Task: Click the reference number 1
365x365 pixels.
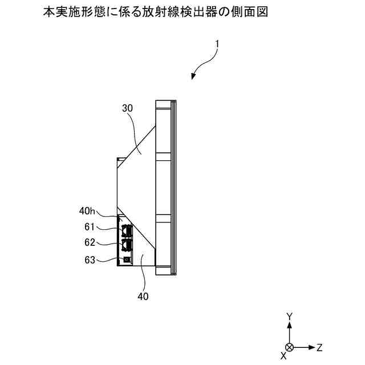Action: [217, 44]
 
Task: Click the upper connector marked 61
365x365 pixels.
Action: [125, 230]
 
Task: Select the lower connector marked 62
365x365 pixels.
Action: [125, 245]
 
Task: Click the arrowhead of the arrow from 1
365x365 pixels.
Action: [194, 76]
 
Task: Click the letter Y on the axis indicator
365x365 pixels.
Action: [290, 316]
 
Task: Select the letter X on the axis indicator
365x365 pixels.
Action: [283, 355]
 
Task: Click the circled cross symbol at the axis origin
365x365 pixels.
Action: [290, 347]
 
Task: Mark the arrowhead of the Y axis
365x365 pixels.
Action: [290, 325]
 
